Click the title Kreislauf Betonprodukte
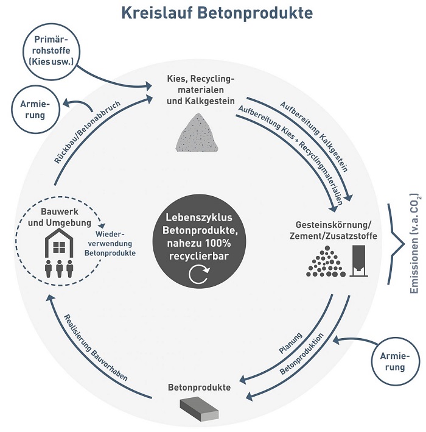[217, 13]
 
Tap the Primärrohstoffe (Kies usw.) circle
[51, 52]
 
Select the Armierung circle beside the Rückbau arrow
[35, 110]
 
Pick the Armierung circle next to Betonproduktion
[396, 361]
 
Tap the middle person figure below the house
[59, 269]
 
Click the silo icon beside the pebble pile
[359, 261]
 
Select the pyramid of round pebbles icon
[326, 262]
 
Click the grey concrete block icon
[200, 408]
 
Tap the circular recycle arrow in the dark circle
[199, 274]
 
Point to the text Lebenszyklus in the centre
[199, 218]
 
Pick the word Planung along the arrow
[291, 343]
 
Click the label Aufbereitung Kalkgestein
[314, 136]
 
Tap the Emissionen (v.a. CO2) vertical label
[414, 244]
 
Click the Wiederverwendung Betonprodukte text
[110, 244]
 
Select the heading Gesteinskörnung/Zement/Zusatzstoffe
[333, 230]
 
